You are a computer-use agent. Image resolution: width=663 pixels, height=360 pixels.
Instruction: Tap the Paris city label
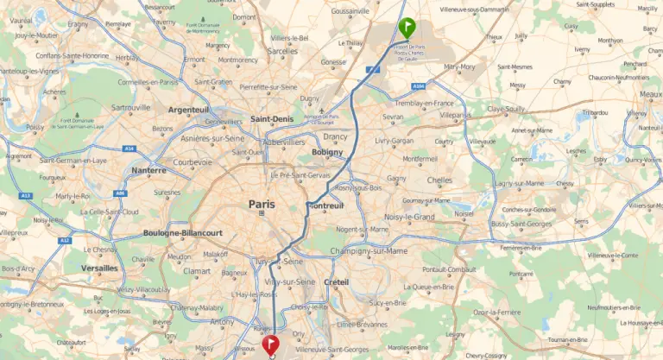(261, 205)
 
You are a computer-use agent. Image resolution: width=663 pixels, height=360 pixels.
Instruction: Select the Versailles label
(100, 268)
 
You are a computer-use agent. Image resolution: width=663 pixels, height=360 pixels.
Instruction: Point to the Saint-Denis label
(270, 118)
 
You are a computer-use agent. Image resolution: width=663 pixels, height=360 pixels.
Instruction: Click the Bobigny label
(329, 152)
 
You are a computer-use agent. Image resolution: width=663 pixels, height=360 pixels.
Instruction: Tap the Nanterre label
(148, 171)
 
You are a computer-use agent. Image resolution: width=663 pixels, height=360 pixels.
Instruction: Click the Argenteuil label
(189, 111)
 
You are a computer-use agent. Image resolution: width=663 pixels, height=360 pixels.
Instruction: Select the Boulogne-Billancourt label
(183, 233)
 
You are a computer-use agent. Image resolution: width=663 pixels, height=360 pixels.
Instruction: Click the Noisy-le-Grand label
(409, 218)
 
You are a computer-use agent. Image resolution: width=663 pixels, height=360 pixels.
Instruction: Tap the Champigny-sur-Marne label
(369, 251)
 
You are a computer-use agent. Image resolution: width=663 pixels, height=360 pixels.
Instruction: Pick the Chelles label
(439, 180)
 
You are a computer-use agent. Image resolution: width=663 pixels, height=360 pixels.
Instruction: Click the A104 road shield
(419, 87)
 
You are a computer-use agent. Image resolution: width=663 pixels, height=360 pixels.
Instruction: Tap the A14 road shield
(129, 148)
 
